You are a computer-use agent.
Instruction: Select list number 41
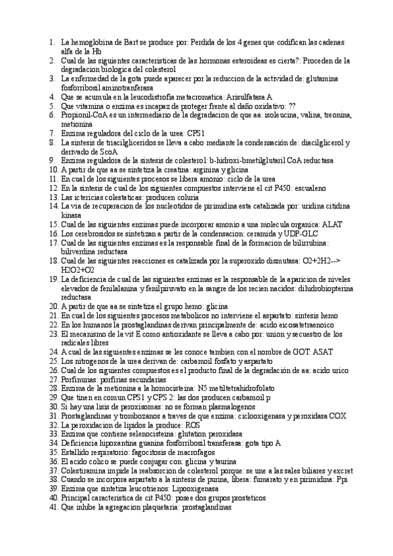pos(54,507)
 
